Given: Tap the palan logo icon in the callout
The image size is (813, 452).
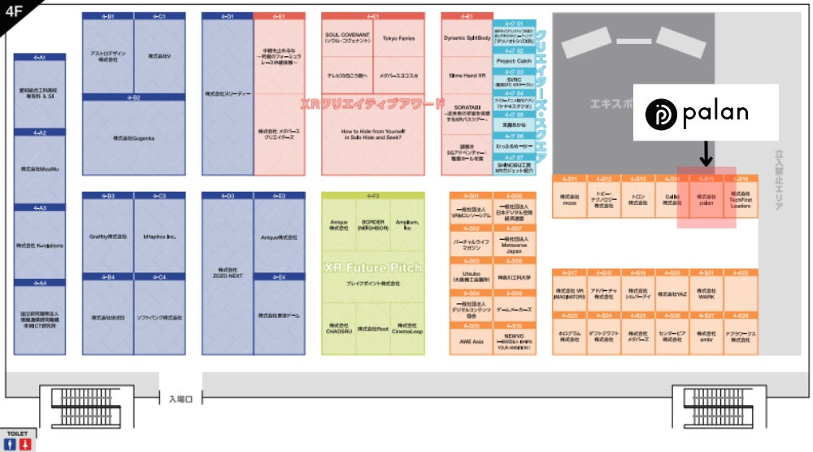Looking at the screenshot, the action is coord(661,113).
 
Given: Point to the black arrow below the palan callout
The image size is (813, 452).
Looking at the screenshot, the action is coord(706,151).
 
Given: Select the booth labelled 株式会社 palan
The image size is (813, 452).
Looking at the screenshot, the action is coord(706,201).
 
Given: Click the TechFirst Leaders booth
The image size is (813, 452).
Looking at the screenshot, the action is coord(740,201).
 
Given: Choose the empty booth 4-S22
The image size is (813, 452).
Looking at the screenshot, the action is coord(740,294).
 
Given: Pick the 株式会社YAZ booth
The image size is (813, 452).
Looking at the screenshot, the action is coord(672,294).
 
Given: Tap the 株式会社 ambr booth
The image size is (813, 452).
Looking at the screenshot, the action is coord(706,337).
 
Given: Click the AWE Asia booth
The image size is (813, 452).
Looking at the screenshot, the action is coord(472,341).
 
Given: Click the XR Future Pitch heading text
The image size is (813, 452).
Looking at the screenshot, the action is coord(373,267).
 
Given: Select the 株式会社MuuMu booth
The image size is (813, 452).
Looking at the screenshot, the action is coord(40,169).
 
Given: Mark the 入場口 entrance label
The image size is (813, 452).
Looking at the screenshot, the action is coord(180,398).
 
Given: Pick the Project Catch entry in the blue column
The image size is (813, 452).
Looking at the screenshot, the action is coord(514,61).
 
